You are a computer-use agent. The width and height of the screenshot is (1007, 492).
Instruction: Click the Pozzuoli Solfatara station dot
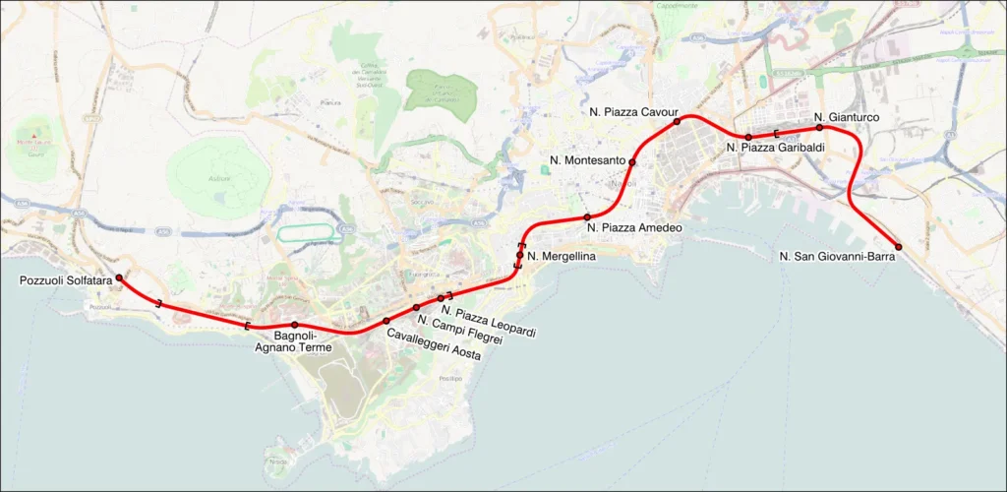point(119,278)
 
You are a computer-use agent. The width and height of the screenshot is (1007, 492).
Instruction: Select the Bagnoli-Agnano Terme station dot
point(294,325)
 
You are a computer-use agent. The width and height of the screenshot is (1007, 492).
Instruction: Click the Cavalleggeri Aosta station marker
point(386,321)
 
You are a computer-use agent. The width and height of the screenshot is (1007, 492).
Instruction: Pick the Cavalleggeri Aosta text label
point(433,346)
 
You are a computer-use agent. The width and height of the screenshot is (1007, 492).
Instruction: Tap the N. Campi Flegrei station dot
point(417,308)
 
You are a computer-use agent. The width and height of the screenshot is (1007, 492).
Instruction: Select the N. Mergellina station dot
point(520,255)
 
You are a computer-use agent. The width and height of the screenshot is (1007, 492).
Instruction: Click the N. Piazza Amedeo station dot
point(587,216)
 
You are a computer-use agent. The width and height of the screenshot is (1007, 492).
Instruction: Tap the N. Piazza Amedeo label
point(634,228)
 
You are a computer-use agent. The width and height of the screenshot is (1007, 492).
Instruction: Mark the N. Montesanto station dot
point(632,162)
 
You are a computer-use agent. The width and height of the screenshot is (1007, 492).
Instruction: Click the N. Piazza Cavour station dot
point(677,122)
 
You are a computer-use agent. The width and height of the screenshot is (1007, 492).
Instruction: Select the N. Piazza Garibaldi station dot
point(748,137)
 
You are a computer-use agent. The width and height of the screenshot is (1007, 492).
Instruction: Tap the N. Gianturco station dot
point(819,127)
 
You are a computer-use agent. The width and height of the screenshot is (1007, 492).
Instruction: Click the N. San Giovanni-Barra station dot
point(898,246)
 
